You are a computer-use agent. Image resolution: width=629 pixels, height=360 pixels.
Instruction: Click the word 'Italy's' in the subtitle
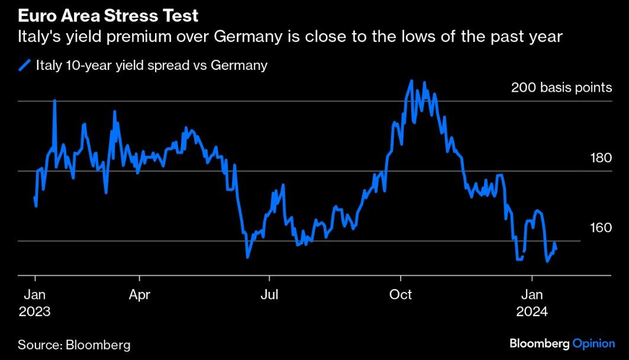click(37, 37)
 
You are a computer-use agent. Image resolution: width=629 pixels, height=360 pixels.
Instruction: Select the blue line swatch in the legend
click(24, 66)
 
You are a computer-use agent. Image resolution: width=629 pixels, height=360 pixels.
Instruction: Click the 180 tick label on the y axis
click(601, 158)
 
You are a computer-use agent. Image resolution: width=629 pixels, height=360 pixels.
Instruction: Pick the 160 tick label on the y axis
click(601, 228)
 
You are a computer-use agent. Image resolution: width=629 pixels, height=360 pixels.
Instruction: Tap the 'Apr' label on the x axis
click(140, 294)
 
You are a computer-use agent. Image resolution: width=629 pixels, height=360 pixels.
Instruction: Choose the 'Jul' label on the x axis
click(270, 294)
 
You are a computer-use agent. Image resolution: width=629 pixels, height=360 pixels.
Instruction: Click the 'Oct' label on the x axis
click(401, 294)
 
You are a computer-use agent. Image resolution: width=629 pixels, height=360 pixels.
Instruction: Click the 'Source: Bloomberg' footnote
click(74, 344)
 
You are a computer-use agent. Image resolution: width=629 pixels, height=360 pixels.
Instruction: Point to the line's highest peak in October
click(411, 81)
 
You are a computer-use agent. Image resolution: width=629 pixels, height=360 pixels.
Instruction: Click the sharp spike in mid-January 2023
click(54, 101)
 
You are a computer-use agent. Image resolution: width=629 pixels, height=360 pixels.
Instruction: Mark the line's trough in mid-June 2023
click(247, 257)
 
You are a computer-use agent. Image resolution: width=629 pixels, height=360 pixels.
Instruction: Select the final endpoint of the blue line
click(556, 249)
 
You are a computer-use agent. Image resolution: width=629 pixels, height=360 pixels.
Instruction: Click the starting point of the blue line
click(34, 197)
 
